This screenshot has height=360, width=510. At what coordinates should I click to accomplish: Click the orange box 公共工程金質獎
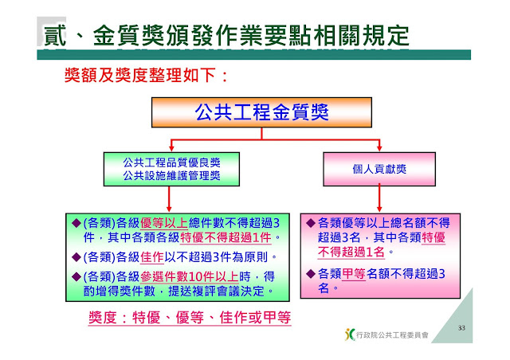pos(262,112)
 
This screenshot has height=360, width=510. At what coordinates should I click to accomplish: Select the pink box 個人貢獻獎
pos(379,170)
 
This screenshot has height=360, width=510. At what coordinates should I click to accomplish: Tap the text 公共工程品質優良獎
pos(167,162)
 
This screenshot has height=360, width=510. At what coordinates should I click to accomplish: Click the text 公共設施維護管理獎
pos(167,175)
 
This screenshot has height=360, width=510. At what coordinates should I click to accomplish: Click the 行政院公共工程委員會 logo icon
pos(349,335)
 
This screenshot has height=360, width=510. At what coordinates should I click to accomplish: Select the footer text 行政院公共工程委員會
pos(393,335)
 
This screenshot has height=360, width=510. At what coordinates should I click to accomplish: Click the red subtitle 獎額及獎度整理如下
pos(147,76)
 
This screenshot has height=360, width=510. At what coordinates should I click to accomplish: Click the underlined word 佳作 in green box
pos(154,258)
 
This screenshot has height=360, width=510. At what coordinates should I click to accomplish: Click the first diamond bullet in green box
pos(76,223)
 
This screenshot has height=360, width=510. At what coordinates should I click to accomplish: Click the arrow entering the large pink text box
pos(379,201)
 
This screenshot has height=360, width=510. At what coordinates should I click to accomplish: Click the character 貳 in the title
pos(54,36)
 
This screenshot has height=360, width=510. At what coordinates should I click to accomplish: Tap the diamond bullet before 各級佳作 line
pos(76,258)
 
